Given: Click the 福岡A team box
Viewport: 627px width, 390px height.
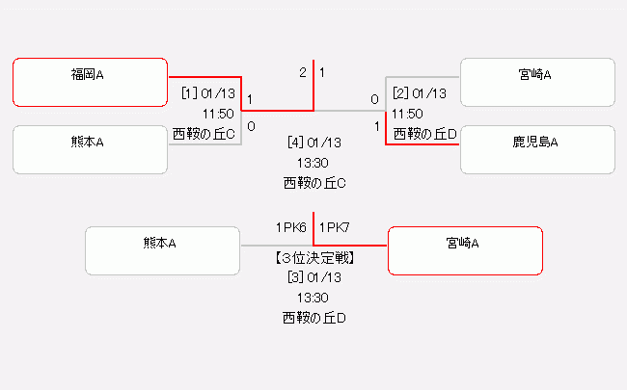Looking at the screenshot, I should [91, 83].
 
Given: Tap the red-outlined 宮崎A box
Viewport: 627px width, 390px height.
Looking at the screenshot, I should [464, 250].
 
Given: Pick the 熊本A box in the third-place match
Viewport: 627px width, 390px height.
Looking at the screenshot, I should [162, 250].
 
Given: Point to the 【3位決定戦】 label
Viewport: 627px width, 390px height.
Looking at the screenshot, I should [314, 258].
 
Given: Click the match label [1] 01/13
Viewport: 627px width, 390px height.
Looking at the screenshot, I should [207, 93].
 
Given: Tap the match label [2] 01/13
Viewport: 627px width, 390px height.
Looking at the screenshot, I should [420, 93].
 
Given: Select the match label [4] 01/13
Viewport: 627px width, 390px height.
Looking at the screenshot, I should [314, 143].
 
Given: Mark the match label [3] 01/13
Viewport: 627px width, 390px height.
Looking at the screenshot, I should [314, 277].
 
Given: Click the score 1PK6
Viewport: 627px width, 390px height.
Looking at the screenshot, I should [291, 227].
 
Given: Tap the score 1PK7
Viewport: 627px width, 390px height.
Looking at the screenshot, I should [335, 227].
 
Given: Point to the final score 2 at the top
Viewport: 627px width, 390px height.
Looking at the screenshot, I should [302, 72].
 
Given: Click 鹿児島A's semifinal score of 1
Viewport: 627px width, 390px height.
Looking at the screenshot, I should [376, 125].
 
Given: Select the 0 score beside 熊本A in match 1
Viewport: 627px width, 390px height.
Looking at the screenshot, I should [251, 125].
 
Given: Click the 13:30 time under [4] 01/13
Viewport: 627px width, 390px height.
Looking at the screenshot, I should [314, 162].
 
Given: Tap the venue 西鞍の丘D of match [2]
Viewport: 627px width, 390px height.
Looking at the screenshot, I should [424, 134].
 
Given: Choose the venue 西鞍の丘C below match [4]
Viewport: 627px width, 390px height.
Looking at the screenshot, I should [314, 182].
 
